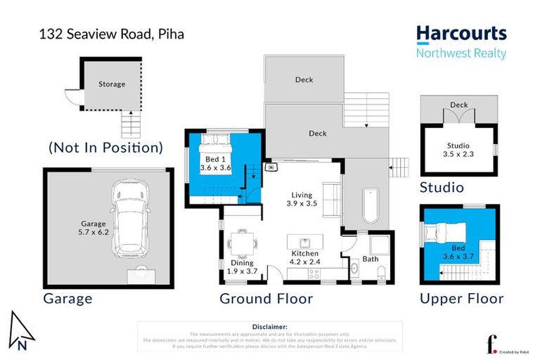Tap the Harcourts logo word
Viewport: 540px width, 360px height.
tap(461, 34)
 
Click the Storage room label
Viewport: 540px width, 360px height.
tap(111, 84)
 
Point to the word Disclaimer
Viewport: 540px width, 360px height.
tap(269, 327)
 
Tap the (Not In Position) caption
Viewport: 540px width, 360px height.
tap(105, 148)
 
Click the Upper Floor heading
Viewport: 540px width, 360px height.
tap(461, 299)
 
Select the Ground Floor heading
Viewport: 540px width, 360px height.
tap(266, 299)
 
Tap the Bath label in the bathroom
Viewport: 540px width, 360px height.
tap(371, 259)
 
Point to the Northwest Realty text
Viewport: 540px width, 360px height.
tap(461, 53)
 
